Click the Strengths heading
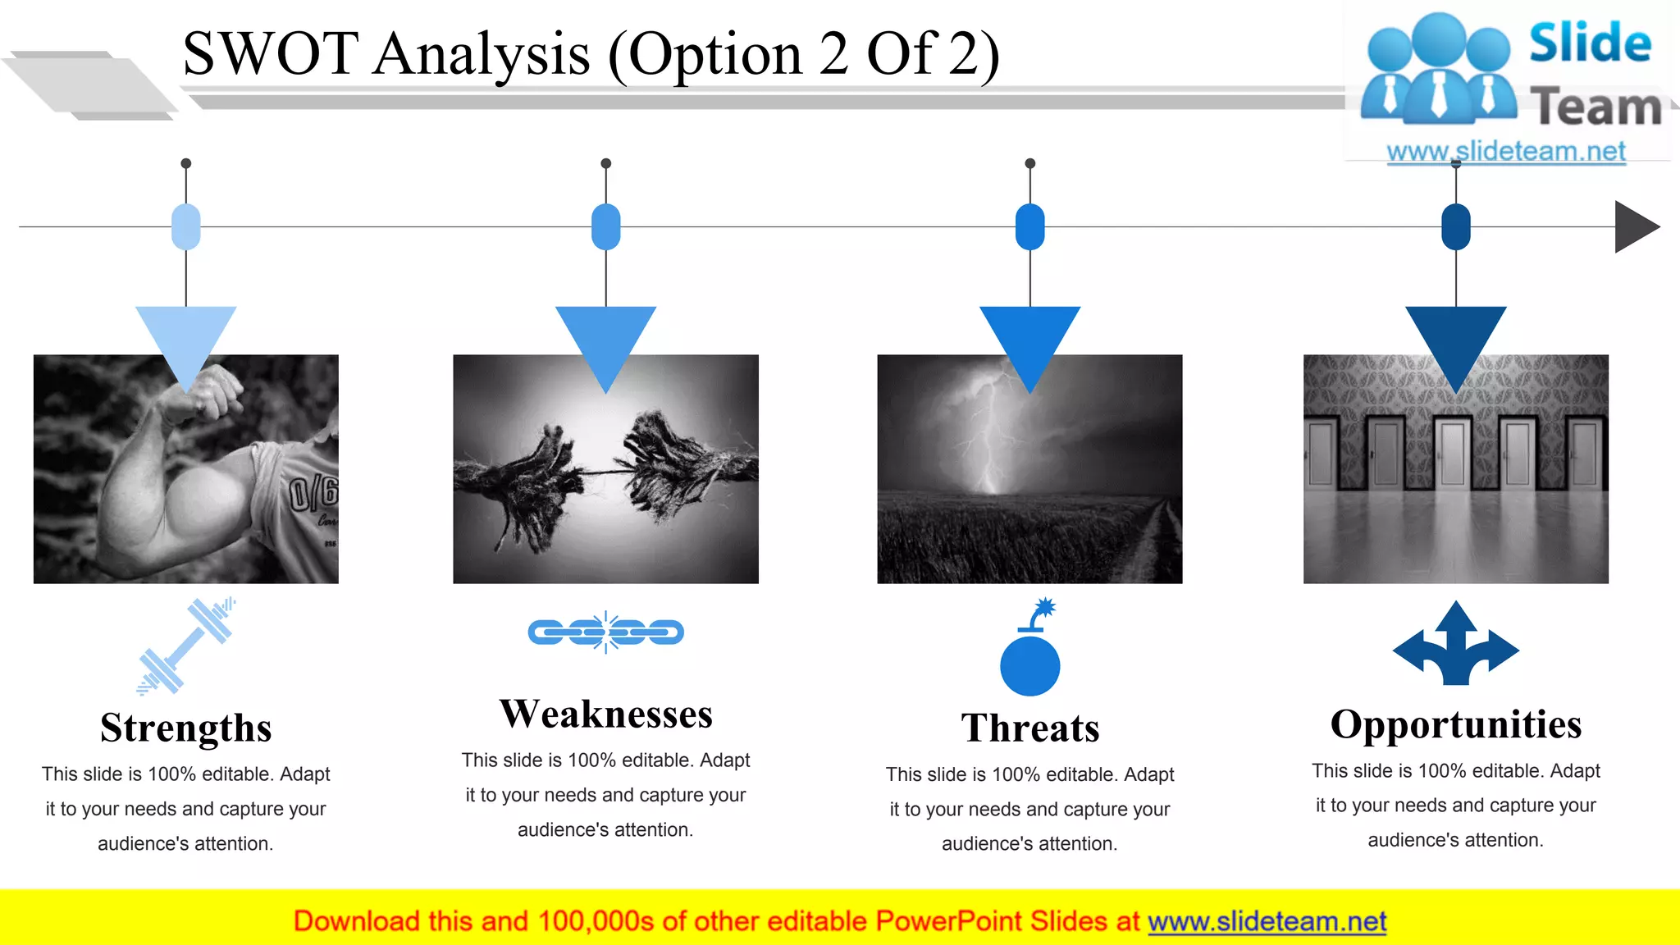click(x=185, y=728)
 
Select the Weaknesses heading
click(x=605, y=714)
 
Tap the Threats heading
click(x=1029, y=728)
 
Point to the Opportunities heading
click(x=1455, y=724)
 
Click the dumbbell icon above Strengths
click(x=186, y=646)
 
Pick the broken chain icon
click(x=605, y=632)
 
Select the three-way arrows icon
click(x=1455, y=645)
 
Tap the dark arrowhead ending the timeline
click(x=1635, y=227)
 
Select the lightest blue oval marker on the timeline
click(x=186, y=226)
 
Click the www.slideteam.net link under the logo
click(x=1505, y=151)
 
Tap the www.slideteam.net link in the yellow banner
click(x=1267, y=921)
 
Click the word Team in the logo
click(x=1596, y=107)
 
